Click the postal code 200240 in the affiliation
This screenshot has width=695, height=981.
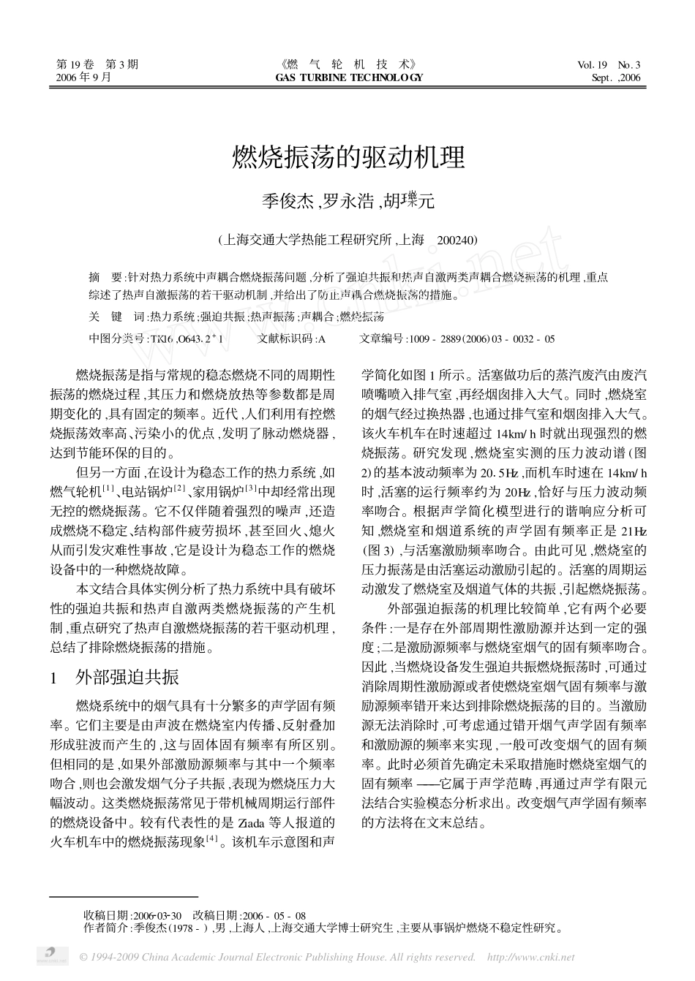click(457, 240)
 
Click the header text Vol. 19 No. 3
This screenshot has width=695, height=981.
click(609, 64)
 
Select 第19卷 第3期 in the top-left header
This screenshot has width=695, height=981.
click(97, 64)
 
